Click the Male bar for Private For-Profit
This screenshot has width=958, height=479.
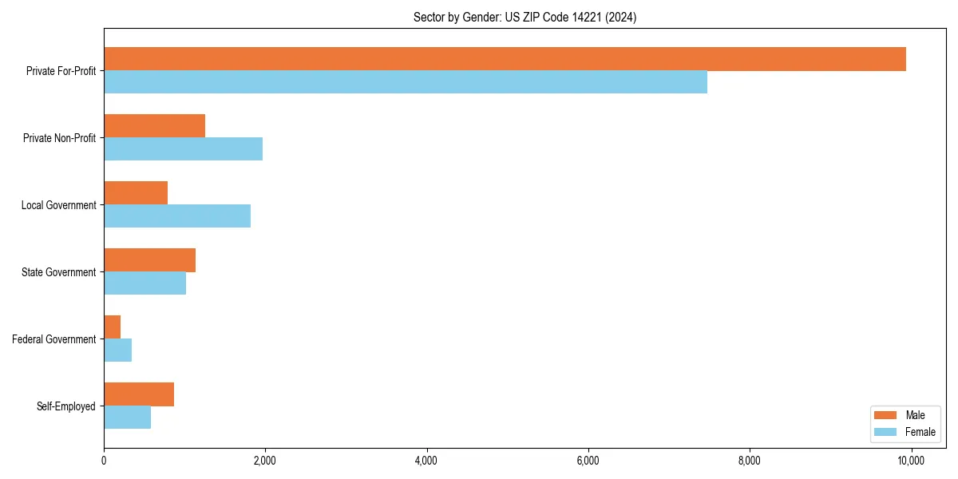(x=505, y=59)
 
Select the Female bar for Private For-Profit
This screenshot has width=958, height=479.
(x=406, y=82)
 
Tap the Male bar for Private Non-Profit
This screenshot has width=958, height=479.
(x=154, y=126)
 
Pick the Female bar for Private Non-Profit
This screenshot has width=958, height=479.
(x=183, y=149)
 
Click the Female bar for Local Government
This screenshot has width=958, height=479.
(x=177, y=216)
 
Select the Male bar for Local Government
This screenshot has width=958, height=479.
(x=136, y=193)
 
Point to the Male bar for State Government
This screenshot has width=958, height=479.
(x=149, y=260)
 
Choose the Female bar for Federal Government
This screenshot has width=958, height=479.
(x=117, y=350)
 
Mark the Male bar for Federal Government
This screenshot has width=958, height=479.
(x=112, y=327)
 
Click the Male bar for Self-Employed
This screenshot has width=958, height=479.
(x=139, y=394)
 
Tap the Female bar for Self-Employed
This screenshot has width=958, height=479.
(x=127, y=418)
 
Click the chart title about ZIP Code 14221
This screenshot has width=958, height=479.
(x=525, y=17)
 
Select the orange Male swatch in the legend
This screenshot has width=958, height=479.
(x=886, y=415)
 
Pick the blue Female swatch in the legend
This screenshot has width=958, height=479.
(x=886, y=432)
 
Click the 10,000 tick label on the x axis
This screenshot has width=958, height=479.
(x=910, y=461)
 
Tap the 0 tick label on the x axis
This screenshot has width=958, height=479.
(x=104, y=461)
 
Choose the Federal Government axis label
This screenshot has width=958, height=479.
(x=54, y=339)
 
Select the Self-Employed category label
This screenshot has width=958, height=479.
(x=66, y=406)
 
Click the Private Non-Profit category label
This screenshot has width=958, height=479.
(x=59, y=138)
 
